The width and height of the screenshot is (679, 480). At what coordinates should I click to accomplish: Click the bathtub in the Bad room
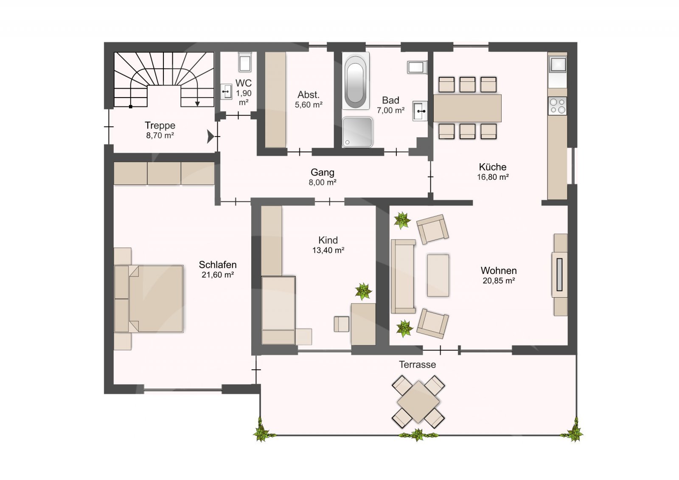(356, 81)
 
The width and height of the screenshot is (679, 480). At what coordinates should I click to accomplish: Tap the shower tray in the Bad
(357, 132)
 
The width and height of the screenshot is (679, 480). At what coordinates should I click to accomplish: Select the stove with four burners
(558, 106)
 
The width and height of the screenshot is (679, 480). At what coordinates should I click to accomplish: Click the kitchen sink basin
(558, 65)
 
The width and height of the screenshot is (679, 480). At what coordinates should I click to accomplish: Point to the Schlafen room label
(218, 265)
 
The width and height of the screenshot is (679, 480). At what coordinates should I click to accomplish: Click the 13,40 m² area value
(328, 250)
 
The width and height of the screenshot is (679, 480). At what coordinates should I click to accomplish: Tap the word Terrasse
(417, 365)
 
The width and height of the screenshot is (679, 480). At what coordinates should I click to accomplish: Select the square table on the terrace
(418, 402)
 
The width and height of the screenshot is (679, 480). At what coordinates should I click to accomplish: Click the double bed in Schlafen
(149, 299)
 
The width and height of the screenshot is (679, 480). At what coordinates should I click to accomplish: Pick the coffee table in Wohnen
(438, 275)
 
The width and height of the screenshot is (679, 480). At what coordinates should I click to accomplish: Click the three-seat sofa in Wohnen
(403, 276)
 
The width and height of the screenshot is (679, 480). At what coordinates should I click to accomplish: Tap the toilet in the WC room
(244, 62)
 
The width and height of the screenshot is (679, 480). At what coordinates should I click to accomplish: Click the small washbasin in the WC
(226, 92)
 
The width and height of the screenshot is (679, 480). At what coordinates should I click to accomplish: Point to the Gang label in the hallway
(322, 172)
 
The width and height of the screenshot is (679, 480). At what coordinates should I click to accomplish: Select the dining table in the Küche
(467, 108)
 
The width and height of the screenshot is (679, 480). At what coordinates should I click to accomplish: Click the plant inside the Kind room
(363, 291)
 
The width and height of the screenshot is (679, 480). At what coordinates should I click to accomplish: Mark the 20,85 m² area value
(499, 281)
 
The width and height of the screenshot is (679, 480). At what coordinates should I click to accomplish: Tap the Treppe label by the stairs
(160, 126)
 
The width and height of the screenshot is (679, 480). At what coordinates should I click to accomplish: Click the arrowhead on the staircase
(197, 104)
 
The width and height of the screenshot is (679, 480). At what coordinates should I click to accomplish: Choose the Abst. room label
(308, 95)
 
